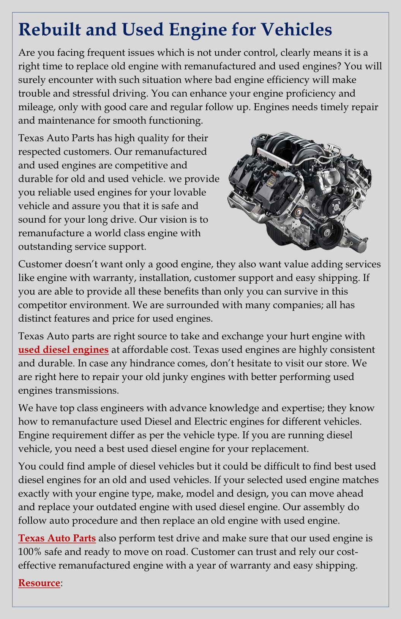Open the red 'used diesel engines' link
pos(63,349)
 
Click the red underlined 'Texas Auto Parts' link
pos(57,538)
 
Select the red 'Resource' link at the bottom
pos(39,583)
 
